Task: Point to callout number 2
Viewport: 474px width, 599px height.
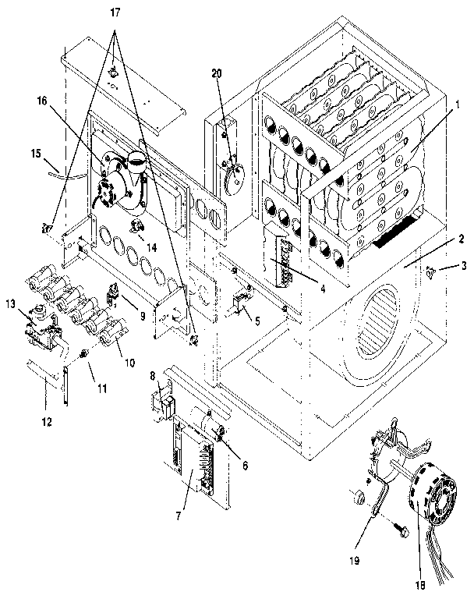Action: (x=462, y=239)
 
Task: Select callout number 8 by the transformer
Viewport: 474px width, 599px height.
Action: (x=154, y=377)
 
